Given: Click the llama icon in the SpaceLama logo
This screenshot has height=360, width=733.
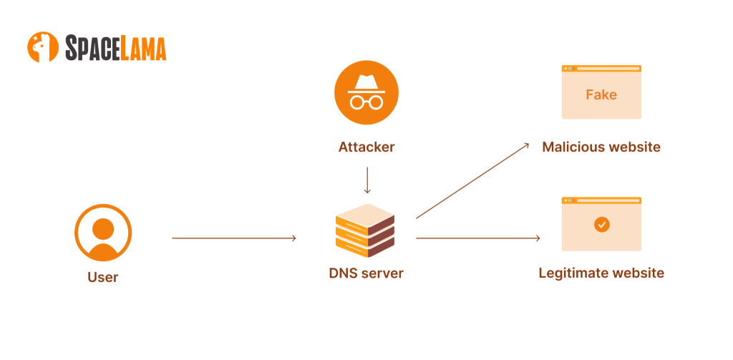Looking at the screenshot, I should coord(43,47).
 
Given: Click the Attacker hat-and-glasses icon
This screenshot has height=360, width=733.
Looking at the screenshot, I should coord(366,94).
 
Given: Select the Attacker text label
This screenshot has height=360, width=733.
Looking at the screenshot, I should coord(366,147).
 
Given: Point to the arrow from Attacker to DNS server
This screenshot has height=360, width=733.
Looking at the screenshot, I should coord(366,180).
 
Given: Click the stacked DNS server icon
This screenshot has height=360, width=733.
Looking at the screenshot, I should coord(365,230).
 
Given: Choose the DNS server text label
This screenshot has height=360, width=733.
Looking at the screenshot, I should coord(366,273).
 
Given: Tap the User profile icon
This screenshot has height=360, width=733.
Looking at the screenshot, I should coord(103,233).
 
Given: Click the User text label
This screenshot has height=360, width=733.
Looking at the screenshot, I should coord(103,277).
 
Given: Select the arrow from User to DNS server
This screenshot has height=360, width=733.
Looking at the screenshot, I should coord(234,238).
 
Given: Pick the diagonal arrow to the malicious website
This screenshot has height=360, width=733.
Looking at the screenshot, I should coord(472,180).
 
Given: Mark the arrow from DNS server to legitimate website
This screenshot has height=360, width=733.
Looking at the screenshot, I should coord(477,238).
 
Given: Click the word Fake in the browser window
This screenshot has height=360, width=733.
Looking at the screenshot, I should coord(601,94).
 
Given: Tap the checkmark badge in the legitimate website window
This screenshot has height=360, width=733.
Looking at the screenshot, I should coord(601,225).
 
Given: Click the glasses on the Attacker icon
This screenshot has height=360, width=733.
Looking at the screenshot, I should coord(366,101).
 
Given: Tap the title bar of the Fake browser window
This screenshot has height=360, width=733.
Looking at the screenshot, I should coord(601,69).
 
